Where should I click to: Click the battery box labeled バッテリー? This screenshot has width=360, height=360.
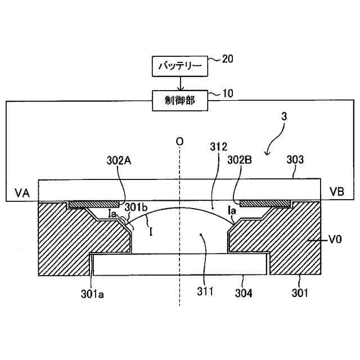coord(179,67)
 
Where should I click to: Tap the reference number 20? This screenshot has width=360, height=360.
coord(228,58)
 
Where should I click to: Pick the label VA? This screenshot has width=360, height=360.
coord(22,191)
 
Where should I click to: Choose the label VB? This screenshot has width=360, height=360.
coord(337,191)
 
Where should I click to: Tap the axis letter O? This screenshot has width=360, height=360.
coord(179,142)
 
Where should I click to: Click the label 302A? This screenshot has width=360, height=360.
coord(120,160)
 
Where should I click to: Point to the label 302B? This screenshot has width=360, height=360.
coord(241,160)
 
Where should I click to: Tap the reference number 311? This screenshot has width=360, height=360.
coord(206,291)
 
